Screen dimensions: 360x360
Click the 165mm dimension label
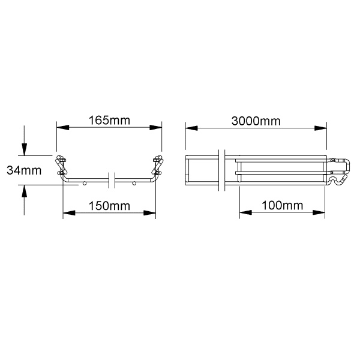coord(109,121)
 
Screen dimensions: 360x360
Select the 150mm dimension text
coord(109,206)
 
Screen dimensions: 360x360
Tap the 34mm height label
coord(24,170)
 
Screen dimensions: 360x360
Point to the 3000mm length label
coord(256,121)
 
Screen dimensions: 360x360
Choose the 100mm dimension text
coord(282,205)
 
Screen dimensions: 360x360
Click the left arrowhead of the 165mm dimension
coord(62,127)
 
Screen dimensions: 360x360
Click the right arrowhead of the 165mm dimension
coord(155,127)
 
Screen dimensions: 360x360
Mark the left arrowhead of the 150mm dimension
coord(69,213)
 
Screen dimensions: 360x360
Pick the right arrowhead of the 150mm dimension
coord(149,213)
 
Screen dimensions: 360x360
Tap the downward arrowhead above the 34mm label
coord(24,149)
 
